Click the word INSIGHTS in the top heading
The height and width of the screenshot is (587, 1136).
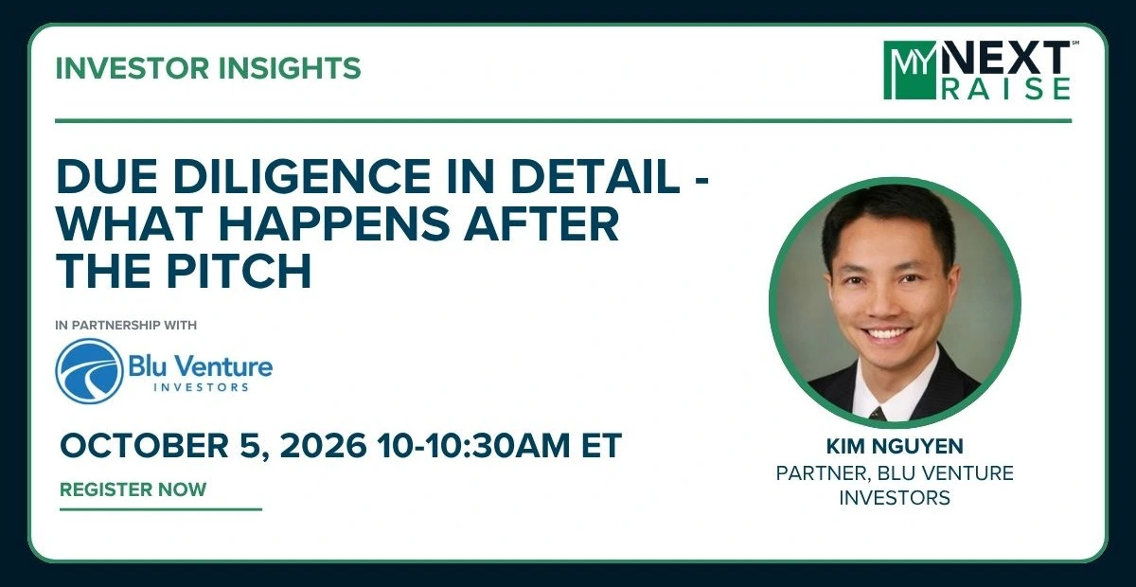tap(289, 68)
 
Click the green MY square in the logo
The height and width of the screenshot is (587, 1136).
tap(910, 70)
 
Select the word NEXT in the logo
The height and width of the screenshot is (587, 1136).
tap(1005, 58)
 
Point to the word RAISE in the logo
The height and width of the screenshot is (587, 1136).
tap(1006, 88)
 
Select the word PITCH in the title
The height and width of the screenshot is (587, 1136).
tap(239, 271)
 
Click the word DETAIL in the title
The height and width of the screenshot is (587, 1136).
tap(595, 175)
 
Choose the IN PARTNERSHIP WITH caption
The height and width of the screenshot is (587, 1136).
tap(126, 325)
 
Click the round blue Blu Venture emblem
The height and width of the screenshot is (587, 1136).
tap(89, 371)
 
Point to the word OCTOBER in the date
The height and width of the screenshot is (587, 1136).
tap(144, 445)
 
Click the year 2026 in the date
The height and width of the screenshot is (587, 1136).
tap(323, 445)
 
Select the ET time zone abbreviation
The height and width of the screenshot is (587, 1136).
tap(601, 445)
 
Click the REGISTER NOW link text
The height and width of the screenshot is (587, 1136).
tap(133, 489)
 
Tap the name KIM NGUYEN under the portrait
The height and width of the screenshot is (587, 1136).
tap(895, 447)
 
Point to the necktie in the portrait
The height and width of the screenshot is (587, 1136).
tap(877, 414)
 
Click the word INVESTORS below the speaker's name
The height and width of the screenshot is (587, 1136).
tap(895, 498)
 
